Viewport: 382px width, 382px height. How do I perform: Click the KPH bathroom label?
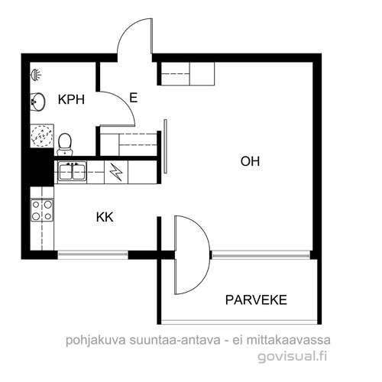71,99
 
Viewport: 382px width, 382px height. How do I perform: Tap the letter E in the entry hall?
134,98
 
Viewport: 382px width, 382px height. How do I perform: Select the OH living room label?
250,161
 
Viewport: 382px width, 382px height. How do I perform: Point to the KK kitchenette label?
105,217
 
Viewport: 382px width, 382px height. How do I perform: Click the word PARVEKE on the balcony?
256,300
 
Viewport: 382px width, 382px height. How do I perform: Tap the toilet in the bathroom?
65,144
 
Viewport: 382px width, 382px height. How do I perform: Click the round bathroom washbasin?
37,102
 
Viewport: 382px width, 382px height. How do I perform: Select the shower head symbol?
36,75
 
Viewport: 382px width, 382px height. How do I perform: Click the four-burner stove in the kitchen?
42,210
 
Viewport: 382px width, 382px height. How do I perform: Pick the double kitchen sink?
73,172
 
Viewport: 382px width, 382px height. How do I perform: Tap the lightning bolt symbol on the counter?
116,172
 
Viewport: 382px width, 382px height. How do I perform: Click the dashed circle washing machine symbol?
42,136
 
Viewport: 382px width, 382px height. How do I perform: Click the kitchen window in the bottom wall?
92,255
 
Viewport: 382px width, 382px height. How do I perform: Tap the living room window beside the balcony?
261,255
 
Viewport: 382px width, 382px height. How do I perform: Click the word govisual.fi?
293,356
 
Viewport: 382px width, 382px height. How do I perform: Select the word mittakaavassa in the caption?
289,340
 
